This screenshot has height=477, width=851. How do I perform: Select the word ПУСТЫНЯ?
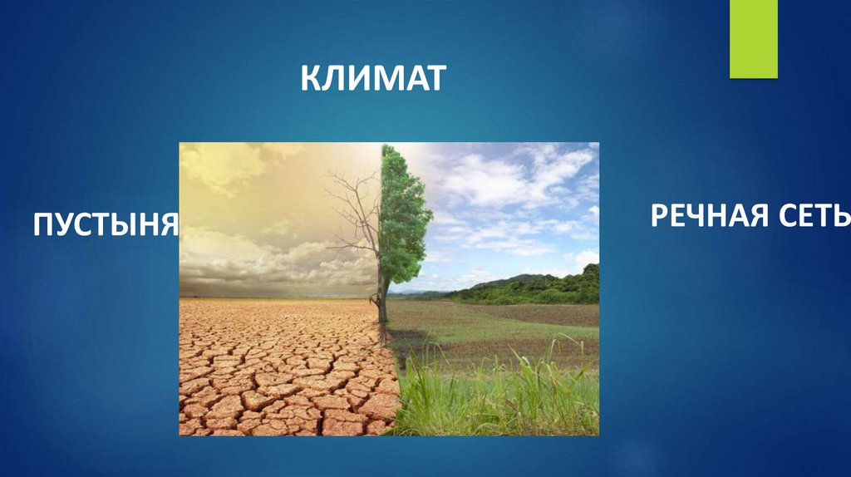click(106, 224)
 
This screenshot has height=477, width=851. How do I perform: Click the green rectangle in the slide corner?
click(753, 39)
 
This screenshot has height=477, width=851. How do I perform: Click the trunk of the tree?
click(382, 299)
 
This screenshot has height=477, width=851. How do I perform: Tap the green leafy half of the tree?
click(405, 216)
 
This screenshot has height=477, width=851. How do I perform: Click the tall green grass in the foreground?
click(499, 399)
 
